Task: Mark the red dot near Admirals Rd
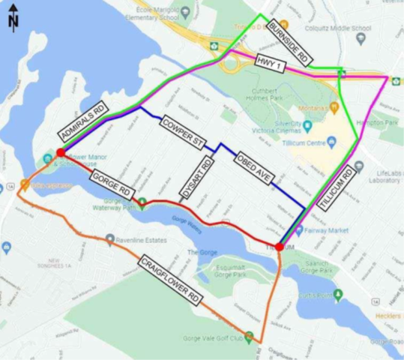(x=60, y=152)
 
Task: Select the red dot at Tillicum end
(x=279, y=246)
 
